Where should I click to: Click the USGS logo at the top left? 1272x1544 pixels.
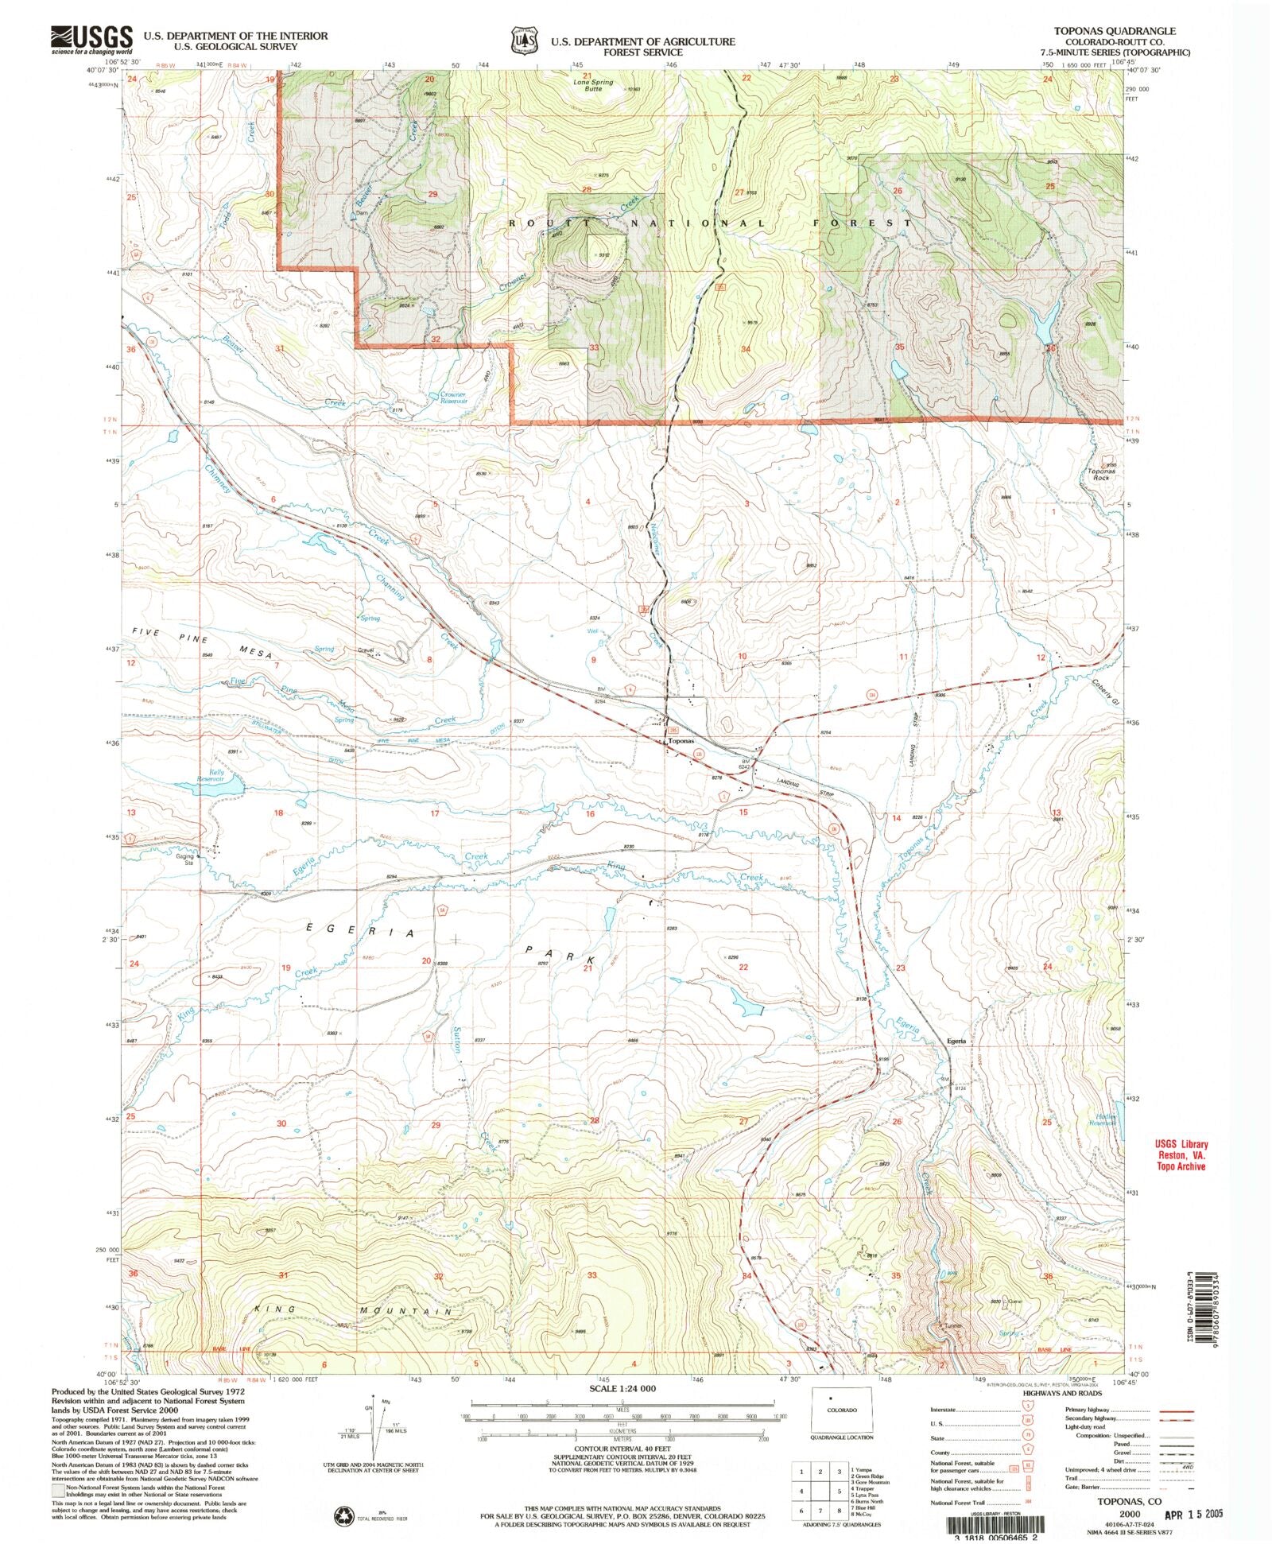pos(91,39)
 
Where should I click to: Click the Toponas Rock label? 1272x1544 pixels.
pos(1100,475)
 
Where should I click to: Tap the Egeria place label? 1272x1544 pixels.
pos(956,1041)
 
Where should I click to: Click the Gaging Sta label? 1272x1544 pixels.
pos(185,859)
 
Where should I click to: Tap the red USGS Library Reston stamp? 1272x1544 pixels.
pos(1181,1155)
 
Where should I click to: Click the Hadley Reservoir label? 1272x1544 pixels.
pos(1101,1119)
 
